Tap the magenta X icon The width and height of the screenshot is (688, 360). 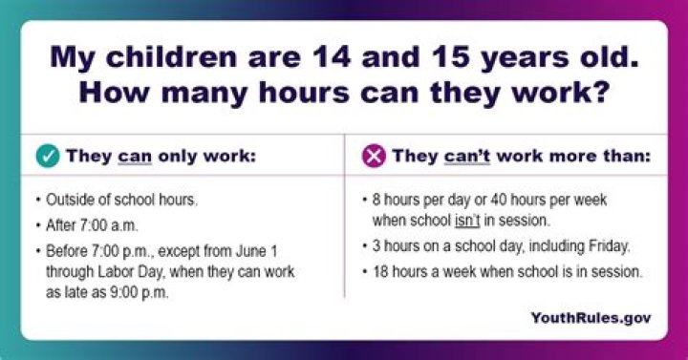click(x=374, y=156)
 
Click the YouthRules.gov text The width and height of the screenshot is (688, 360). click(x=591, y=317)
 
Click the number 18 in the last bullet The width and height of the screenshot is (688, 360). click(x=382, y=272)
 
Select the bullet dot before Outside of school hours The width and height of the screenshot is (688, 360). click(x=37, y=202)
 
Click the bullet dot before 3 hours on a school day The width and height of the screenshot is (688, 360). click(x=366, y=246)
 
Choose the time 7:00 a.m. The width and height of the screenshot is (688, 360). click(x=109, y=227)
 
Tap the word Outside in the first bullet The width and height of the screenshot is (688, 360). click(x=70, y=202)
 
